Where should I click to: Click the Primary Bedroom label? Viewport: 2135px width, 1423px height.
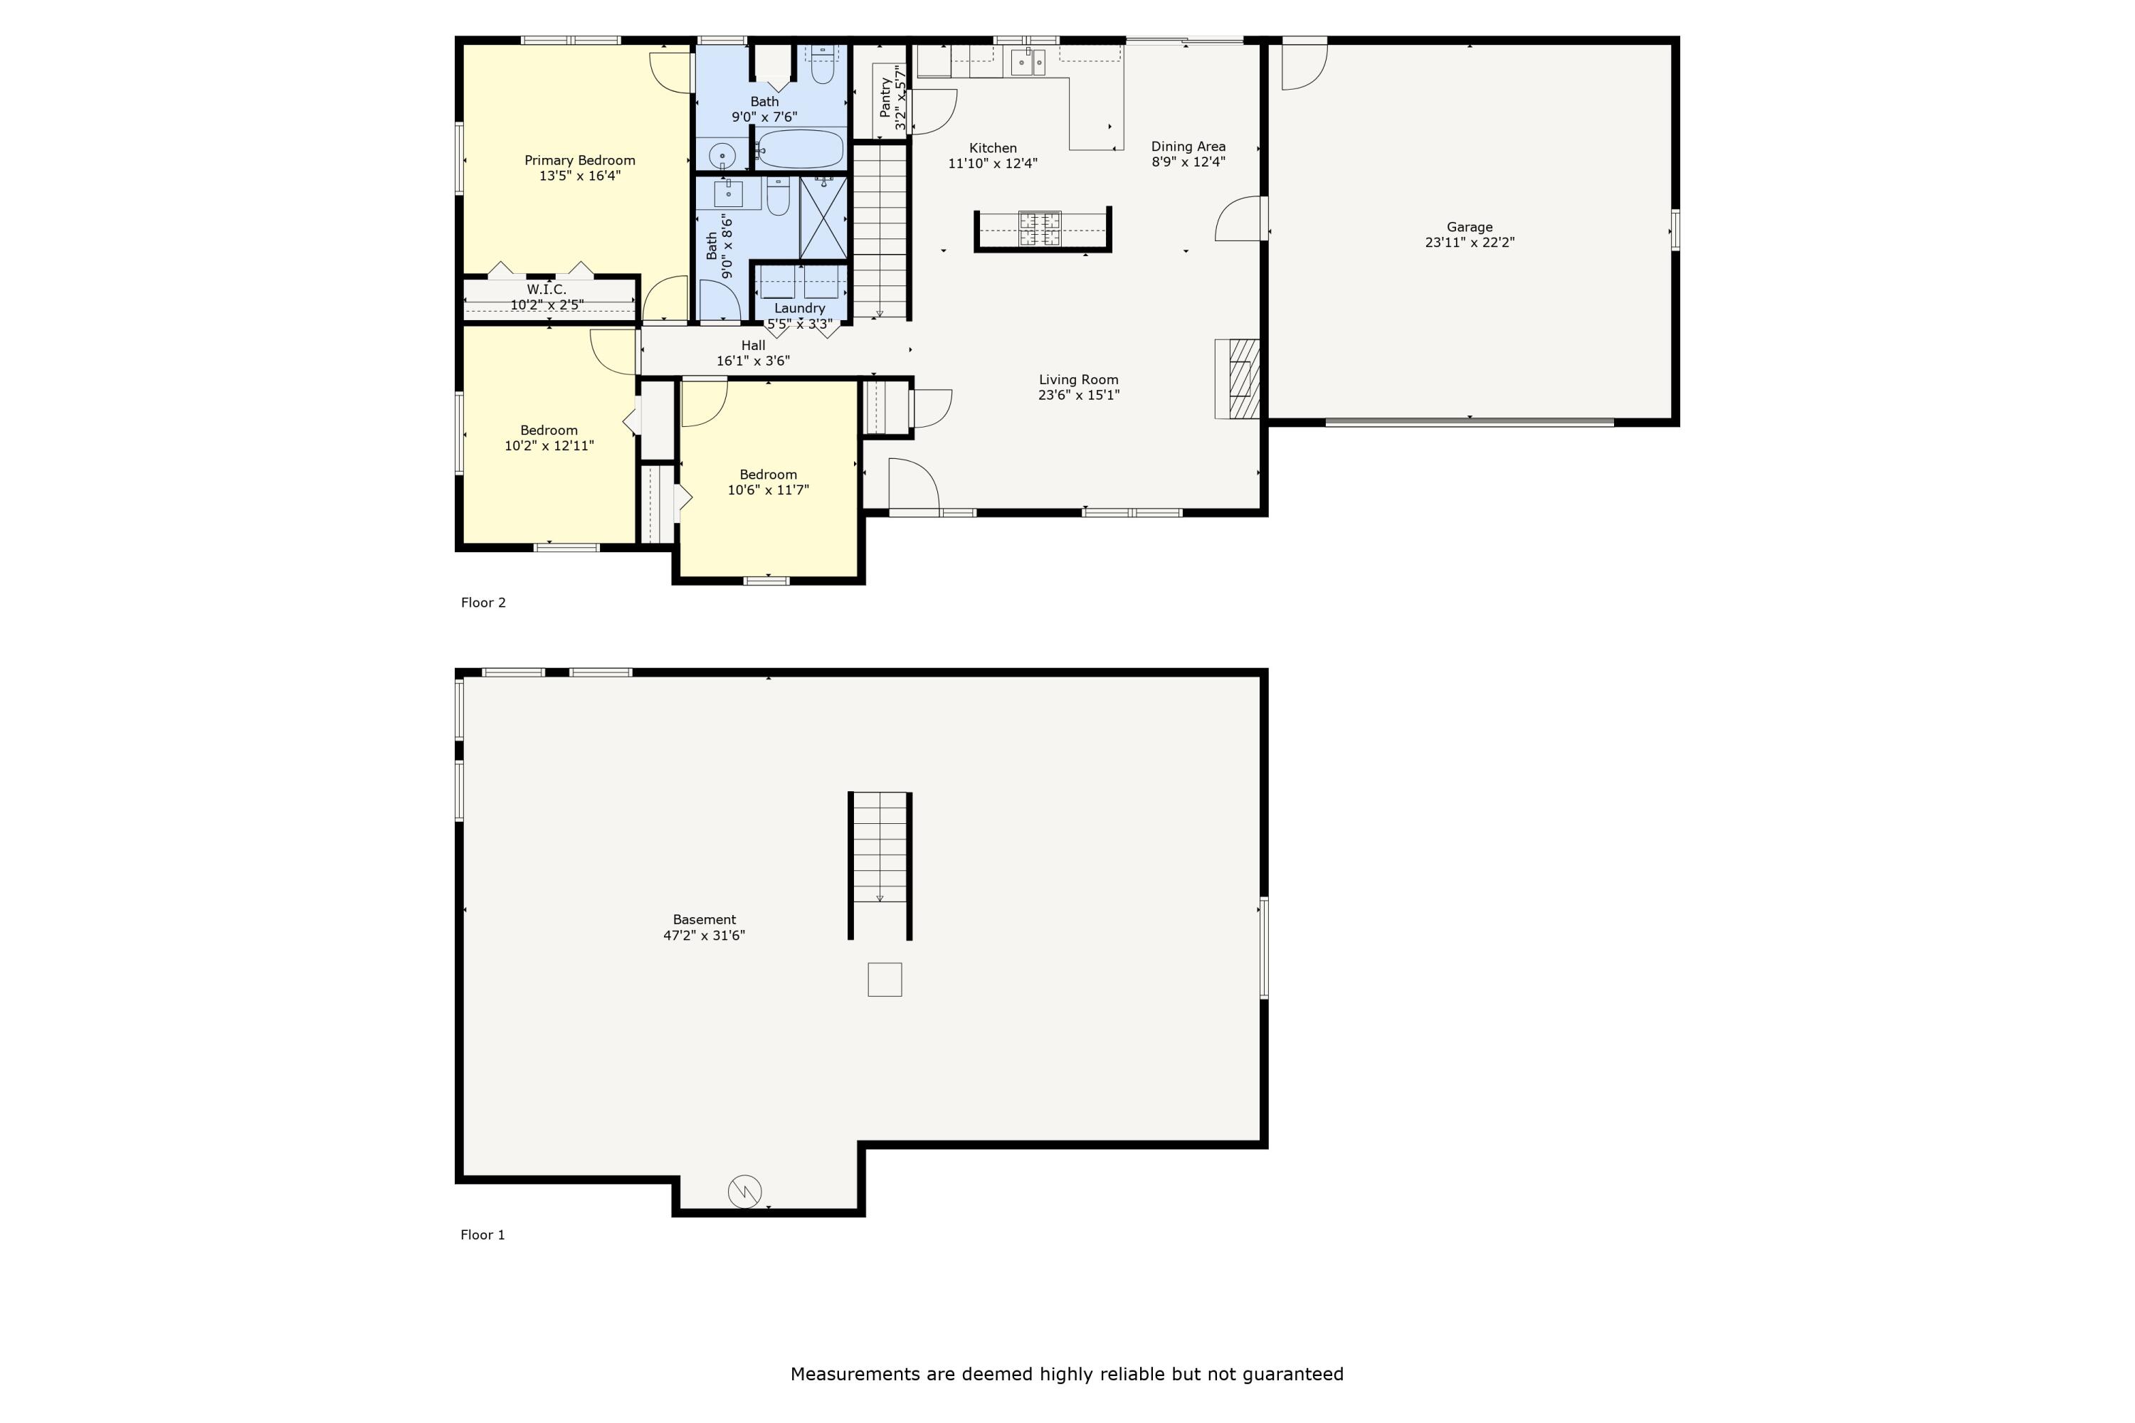[580, 161]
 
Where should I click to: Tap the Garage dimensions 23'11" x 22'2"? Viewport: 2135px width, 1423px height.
[1470, 243]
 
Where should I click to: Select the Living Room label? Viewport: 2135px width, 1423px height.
[1078, 380]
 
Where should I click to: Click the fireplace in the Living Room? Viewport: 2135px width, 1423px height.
[1238, 379]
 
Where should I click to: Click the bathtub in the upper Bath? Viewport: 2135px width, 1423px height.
[800, 149]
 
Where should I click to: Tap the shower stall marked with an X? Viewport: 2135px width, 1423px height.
[823, 218]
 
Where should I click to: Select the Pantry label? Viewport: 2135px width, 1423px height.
[885, 97]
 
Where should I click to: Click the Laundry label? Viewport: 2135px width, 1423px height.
[800, 309]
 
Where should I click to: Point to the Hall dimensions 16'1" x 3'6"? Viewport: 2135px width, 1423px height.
[754, 361]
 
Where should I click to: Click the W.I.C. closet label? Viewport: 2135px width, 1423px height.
[547, 290]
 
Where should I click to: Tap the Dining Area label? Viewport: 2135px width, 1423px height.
[1188, 146]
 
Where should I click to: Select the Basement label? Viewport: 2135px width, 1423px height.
[705, 919]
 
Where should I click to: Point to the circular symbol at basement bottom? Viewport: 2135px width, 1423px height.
[744, 1192]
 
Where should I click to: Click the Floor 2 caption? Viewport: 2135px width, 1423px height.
[483, 603]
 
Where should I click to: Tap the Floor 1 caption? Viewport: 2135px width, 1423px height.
[483, 1235]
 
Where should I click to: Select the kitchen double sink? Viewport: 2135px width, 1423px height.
[1028, 62]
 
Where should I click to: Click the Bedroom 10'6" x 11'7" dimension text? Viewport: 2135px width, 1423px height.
[768, 490]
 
